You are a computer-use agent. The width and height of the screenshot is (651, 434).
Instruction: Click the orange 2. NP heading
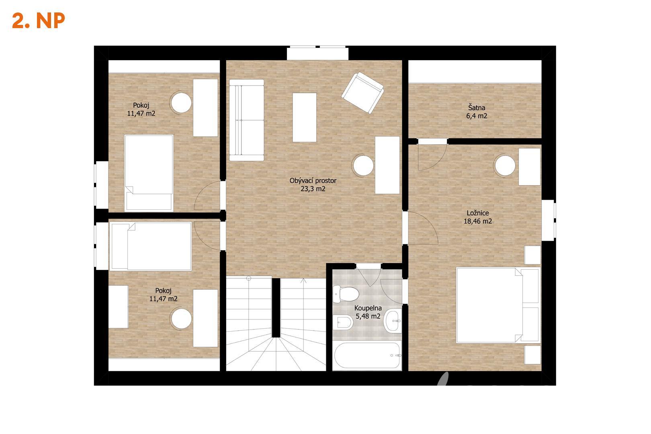pyautogui.click(x=38, y=20)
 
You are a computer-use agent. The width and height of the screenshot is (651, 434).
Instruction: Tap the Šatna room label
pyautogui.click(x=477, y=108)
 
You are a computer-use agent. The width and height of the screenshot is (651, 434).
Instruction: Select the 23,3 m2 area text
pyautogui.click(x=313, y=189)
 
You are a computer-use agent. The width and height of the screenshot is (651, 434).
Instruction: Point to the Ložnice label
pyautogui.click(x=478, y=213)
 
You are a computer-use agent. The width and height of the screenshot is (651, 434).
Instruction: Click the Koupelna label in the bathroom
pyautogui.click(x=368, y=308)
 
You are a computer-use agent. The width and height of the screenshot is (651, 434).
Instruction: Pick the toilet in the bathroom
pyautogui.click(x=346, y=294)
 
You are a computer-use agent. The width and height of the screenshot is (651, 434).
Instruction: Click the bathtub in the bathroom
pyautogui.click(x=367, y=356)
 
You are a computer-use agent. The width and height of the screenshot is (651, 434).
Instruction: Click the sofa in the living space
pyautogui.click(x=246, y=120)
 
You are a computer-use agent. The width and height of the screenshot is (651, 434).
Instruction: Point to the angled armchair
pyautogui.click(x=363, y=93)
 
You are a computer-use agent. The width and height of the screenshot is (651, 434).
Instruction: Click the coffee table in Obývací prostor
pyautogui.click(x=304, y=117)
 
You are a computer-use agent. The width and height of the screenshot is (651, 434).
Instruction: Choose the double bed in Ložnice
pyautogui.click(x=498, y=305)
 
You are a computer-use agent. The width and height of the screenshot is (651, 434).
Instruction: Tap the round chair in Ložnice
pyautogui.click(x=505, y=166)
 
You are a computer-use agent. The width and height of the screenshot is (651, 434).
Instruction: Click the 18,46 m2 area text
pyautogui.click(x=478, y=221)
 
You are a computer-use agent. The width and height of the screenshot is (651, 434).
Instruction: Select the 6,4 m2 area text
pyautogui.click(x=477, y=116)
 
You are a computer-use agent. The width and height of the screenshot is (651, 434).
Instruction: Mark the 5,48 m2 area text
pyautogui.click(x=368, y=316)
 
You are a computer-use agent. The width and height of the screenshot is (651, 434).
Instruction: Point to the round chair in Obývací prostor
pyautogui.click(x=363, y=165)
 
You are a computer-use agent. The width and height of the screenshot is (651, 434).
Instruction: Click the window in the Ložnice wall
pyautogui.click(x=549, y=220)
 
